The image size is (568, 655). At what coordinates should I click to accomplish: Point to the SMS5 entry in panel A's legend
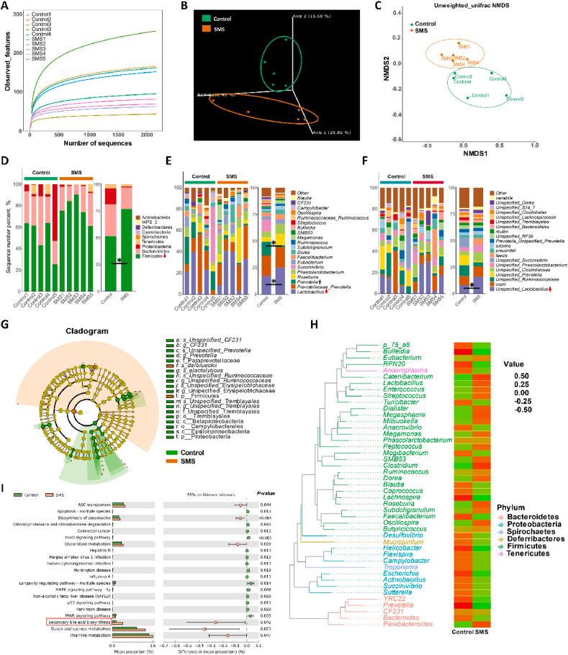coord(40,76)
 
